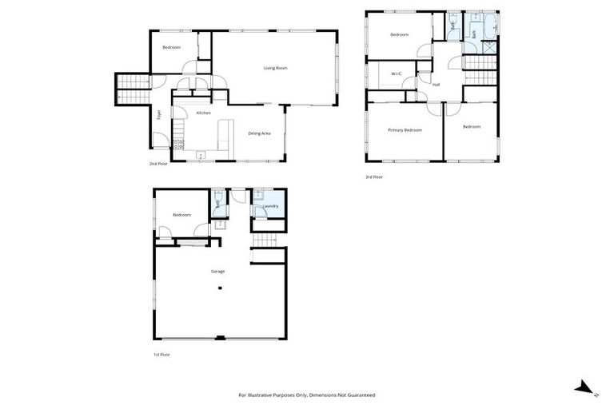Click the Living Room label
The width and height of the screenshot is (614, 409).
click(275, 68)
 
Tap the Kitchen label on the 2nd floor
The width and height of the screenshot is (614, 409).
click(204, 113)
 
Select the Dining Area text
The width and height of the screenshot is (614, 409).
click(259, 133)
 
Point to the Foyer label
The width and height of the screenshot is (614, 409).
click(159, 114)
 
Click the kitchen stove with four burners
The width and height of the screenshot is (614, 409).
click(178, 145)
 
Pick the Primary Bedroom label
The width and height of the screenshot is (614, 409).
click(405, 129)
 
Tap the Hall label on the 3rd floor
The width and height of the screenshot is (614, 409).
click(437, 84)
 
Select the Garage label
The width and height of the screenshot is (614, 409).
click(217, 272)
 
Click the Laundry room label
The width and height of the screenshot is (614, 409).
click(270, 207)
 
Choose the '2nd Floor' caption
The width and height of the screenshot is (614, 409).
click(157, 164)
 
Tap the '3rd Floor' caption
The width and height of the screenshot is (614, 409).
click(374, 177)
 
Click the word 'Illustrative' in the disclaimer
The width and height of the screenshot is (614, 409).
click(272, 395)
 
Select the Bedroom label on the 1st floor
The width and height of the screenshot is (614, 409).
click(182, 215)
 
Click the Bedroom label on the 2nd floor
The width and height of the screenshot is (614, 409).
click(172, 48)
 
